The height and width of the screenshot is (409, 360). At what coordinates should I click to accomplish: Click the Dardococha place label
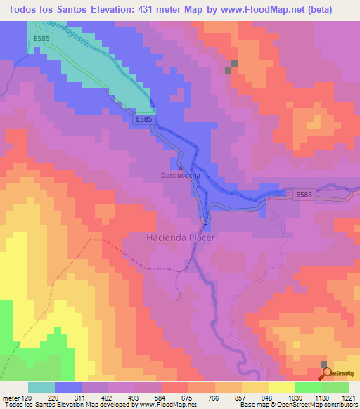(x=181, y=176)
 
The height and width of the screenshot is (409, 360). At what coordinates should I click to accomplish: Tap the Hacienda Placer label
(x=180, y=238)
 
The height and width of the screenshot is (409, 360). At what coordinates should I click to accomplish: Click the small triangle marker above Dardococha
(x=181, y=168)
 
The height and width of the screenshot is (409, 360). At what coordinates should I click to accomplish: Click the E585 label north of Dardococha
(x=143, y=120)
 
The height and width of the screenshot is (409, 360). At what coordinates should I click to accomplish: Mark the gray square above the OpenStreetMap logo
(x=324, y=364)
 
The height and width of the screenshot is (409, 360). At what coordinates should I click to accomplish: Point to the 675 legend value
(x=187, y=397)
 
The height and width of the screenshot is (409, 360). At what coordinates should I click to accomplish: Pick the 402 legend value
(x=105, y=397)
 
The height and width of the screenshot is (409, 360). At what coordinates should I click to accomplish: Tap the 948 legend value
(x=268, y=397)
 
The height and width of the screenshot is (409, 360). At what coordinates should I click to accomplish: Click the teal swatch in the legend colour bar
(x=41, y=387)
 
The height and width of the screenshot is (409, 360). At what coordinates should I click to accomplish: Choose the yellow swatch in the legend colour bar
(x=281, y=387)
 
